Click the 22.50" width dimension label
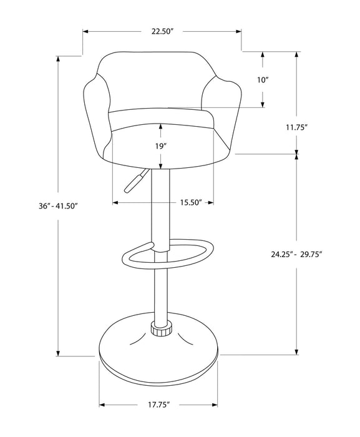[x=161, y=31]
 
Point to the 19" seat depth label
[x=161, y=145]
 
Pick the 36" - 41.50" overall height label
[x=57, y=207]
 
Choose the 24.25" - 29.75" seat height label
[x=300, y=254]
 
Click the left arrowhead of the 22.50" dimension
[x=85, y=31]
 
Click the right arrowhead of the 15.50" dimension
[x=212, y=203]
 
